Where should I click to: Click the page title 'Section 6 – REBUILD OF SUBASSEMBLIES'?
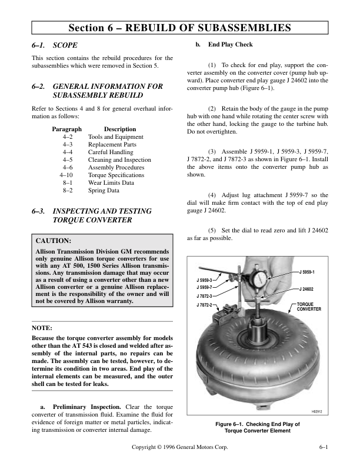coord(179,28)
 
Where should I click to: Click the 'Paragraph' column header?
coord(66,129)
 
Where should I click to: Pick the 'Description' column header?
coord(119,129)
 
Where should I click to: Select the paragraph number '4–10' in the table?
coord(66,175)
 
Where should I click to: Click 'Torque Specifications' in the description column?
coord(116,175)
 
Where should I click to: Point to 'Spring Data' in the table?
coord(104,191)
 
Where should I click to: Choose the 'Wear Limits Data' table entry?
coord(111,183)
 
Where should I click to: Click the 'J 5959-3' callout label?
coord(205,280)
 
